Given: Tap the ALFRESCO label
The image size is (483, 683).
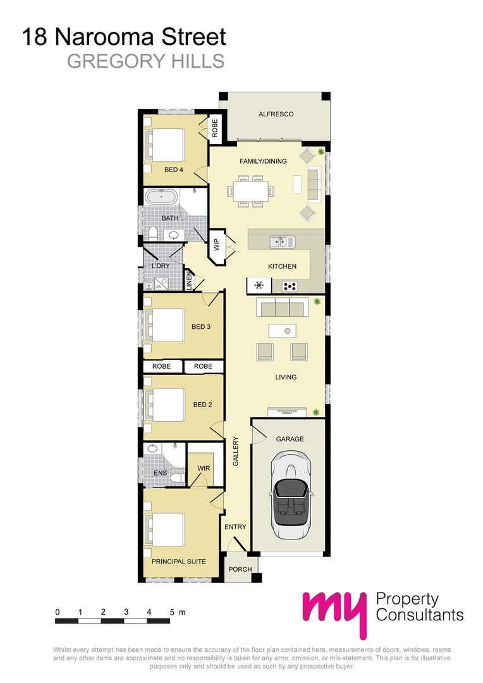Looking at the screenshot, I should pyautogui.click(x=276, y=114).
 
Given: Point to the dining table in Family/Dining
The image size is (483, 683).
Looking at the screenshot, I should pyautogui.click(x=252, y=190).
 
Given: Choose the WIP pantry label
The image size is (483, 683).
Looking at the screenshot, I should pyautogui.click(x=216, y=244).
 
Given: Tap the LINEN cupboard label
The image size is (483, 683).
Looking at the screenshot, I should pyautogui.click(x=188, y=280).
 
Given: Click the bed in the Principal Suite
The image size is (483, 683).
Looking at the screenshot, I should pyautogui.click(x=166, y=529).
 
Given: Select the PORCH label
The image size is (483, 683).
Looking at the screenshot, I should pyautogui.click(x=240, y=569).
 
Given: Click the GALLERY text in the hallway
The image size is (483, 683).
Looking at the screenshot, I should pyautogui.click(x=235, y=452).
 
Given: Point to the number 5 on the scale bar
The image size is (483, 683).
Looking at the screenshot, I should pyautogui.click(x=172, y=612).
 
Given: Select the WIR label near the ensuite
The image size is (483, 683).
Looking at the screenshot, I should pyautogui.click(x=203, y=469).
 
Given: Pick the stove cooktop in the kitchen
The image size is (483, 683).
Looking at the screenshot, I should pyautogui.click(x=290, y=286).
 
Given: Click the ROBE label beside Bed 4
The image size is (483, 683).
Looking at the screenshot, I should pyautogui.click(x=215, y=128).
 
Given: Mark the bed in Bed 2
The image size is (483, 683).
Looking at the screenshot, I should pyautogui.click(x=166, y=403).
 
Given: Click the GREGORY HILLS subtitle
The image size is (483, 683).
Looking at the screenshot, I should pyautogui.click(x=145, y=61).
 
